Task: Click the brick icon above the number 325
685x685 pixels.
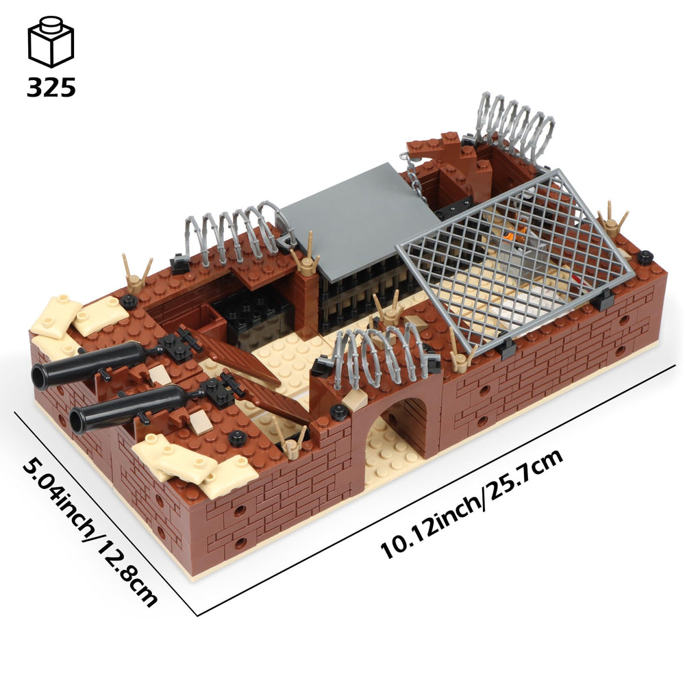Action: [x=51, y=42]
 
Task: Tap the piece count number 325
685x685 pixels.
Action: [x=51, y=88]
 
